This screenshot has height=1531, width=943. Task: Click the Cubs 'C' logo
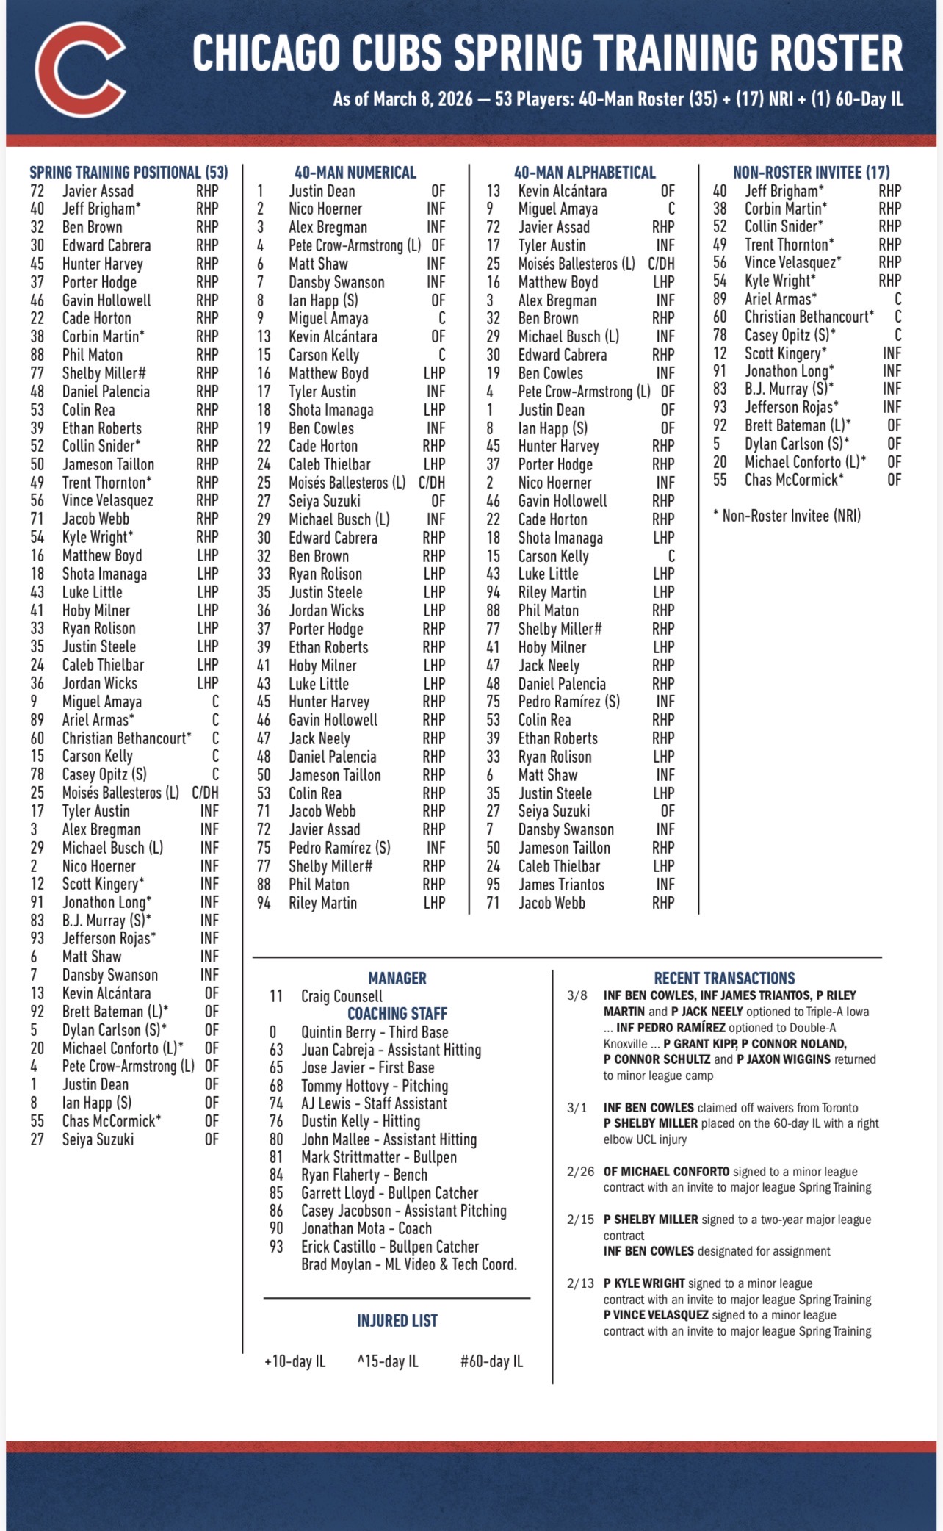[80, 71]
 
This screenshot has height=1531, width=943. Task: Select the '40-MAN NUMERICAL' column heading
[355, 173]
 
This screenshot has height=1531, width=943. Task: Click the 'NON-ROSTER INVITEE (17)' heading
[811, 173]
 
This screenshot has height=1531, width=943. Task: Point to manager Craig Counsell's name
[342, 996]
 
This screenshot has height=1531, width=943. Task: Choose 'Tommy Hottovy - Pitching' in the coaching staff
[375, 1086]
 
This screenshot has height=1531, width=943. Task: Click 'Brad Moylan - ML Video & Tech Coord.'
[409, 1264]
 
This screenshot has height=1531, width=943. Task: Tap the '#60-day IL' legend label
[491, 1361]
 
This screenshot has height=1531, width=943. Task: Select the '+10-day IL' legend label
[295, 1361]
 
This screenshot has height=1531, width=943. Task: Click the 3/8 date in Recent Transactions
[577, 995]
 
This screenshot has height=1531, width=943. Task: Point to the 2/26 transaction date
[580, 1172]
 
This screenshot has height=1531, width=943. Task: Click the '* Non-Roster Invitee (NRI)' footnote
[787, 516]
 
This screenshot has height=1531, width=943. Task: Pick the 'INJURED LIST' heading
[397, 1321]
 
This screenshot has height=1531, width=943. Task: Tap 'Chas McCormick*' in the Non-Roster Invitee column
[794, 480]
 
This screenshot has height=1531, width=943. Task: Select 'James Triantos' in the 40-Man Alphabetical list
[561, 885]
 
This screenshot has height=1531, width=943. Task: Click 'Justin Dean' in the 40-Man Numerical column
[322, 191]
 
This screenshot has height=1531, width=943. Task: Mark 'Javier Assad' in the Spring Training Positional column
[98, 191]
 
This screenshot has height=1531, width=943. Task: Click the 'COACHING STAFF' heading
[397, 1014]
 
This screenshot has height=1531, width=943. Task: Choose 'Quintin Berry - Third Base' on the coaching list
[375, 1032]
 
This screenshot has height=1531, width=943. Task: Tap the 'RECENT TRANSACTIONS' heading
[724, 979]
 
